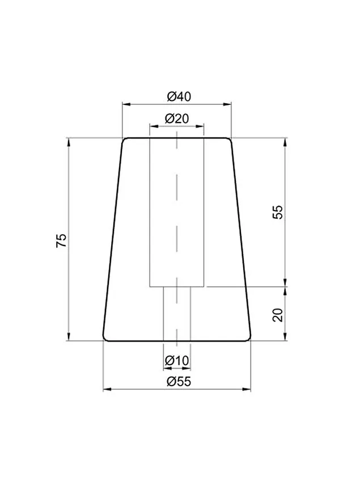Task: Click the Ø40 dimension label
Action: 179,96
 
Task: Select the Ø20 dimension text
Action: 177,119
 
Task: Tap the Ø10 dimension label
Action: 177,360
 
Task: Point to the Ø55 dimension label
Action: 179,382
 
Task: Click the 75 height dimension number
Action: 61,240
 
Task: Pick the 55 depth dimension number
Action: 278,212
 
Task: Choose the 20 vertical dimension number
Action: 278,315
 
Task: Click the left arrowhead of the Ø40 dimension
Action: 126,104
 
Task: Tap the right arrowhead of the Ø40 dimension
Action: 227,104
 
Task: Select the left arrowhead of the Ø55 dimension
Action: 107,390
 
